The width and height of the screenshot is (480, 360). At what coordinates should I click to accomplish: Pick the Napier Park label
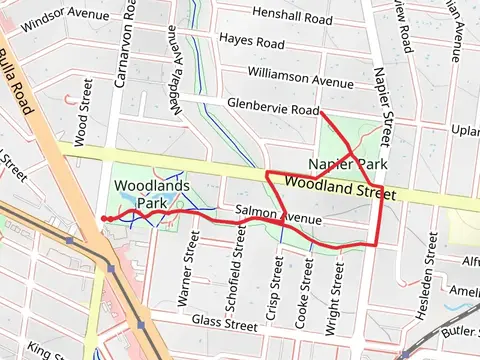(347, 163)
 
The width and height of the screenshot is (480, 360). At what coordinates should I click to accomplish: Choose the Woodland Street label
(334, 186)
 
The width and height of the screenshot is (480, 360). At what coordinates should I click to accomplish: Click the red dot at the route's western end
(105, 218)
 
